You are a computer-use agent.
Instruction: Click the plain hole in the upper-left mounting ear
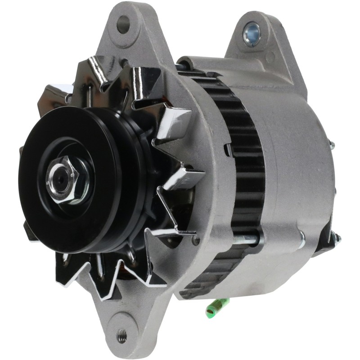point(122,24)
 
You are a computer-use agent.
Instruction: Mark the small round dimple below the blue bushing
point(270,57)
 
